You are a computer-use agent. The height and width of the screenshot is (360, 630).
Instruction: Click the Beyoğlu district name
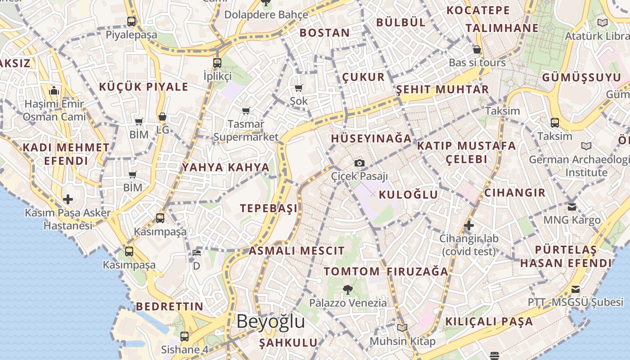pyautogui.click(x=270, y=322)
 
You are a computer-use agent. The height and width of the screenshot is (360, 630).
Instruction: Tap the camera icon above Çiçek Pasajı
pyautogui.click(x=359, y=163)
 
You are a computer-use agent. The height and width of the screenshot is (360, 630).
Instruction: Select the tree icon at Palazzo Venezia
pyautogui.click(x=347, y=289)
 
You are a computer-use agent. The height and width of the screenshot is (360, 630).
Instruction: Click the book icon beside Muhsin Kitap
pyautogui.click(x=402, y=328)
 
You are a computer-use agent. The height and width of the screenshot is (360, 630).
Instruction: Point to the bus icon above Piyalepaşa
pyautogui.click(x=131, y=21)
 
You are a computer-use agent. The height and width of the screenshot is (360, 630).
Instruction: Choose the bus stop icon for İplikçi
pyautogui.click(x=217, y=63)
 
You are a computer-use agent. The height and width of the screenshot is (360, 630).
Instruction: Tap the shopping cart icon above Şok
pyautogui.click(x=299, y=88)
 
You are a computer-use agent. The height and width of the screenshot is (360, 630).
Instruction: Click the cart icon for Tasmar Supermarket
pyautogui.click(x=246, y=110)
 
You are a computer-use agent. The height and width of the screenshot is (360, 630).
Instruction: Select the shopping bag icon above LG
pyautogui.click(x=162, y=117)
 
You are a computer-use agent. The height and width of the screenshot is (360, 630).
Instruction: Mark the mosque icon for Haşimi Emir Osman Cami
pyautogui.click(x=54, y=91)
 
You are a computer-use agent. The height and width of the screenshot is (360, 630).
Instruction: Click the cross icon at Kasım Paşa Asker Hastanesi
pyautogui.click(x=68, y=199)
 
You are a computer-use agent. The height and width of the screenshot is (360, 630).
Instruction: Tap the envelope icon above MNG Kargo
pyautogui.click(x=572, y=207)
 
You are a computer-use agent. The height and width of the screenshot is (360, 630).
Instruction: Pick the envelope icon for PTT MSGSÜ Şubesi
pyautogui.click(x=576, y=289)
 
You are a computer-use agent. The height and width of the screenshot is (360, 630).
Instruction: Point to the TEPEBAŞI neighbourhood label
pyautogui.click(x=269, y=208)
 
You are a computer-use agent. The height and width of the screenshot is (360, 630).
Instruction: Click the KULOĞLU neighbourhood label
pyautogui.click(x=408, y=194)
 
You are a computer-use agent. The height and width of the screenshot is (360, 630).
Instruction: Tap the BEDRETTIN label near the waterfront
pyautogui.click(x=170, y=306)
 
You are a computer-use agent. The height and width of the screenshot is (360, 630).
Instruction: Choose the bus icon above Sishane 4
pyautogui.click(x=184, y=336)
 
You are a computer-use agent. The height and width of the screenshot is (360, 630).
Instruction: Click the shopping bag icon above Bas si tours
pyautogui.click(x=477, y=49)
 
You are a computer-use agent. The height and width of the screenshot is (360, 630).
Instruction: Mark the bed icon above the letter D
pyautogui.click(x=196, y=253)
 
